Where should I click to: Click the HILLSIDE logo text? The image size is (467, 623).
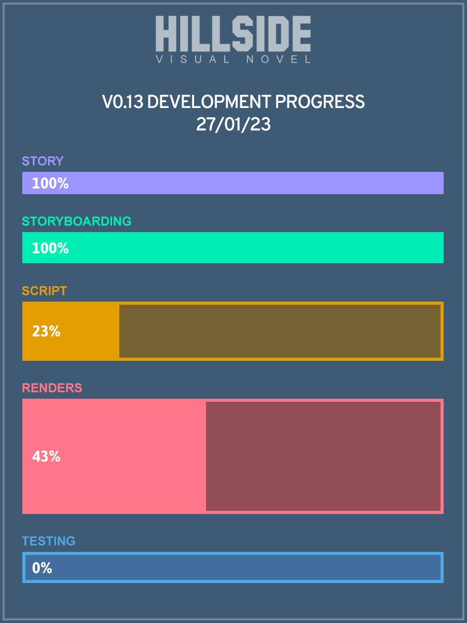(x=233, y=34)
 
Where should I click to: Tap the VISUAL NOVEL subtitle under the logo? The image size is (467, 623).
(x=233, y=59)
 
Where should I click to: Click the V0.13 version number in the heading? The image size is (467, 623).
(x=123, y=102)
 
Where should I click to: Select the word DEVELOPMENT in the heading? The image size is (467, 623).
(x=209, y=102)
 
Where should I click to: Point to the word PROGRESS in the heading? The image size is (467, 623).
(x=320, y=102)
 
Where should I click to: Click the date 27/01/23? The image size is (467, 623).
(x=233, y=124)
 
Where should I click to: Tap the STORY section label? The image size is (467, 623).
(x=43, y=161)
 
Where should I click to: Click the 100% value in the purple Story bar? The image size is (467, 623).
(x=50, y=183)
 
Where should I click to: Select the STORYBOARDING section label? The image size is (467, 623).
(x=77, y=221)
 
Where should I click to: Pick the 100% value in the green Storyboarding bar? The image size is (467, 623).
(x=50, y=248)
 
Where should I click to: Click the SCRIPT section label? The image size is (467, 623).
(x=45, y=291)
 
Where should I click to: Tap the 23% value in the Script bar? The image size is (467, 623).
(x=46, y=331)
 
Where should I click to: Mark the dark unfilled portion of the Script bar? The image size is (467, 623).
(x=280, y=331)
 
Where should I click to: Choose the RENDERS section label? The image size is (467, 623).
(x=52, y=388)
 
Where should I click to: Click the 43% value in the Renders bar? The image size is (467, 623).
(x=46, y=456)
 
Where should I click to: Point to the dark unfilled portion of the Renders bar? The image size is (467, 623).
(x=323, y=456)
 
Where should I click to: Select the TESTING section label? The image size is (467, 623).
(x=49, y=541)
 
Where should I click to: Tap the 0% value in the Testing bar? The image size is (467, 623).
(x=42, y=568)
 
